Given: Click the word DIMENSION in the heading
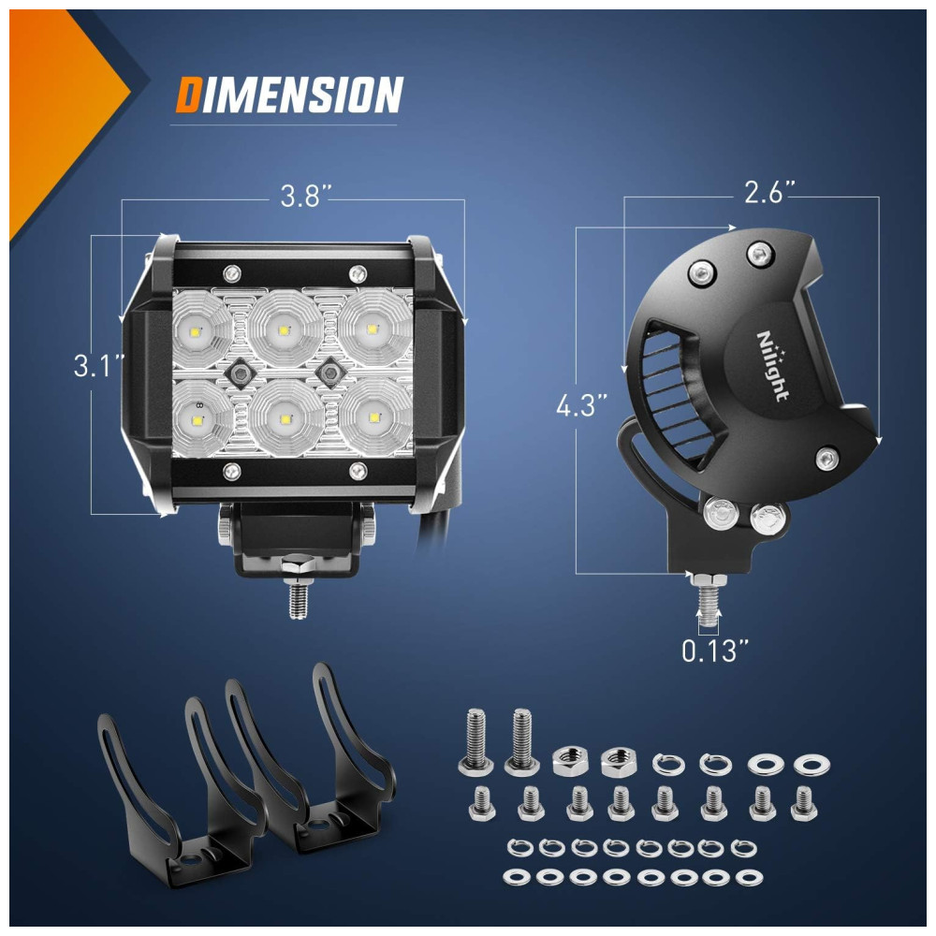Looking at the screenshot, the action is (x=289, y=95).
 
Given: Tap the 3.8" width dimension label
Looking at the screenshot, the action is (x=306, y=197).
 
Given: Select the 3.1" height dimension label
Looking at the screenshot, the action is (x=99, y=365).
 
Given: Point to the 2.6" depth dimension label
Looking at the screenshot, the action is (x=770, y=192).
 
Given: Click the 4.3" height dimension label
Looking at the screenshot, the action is (x=581, y=406).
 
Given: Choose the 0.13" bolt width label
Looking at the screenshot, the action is (x=714, y=651).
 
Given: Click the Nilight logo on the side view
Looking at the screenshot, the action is (x=772, y=366).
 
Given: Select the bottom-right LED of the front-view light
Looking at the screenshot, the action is (x=375, y=417).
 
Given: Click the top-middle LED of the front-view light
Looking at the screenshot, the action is (x=285, y=329).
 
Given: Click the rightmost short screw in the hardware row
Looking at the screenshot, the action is (x=803, y=803).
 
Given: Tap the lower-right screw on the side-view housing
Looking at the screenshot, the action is (x=826, y=459).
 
